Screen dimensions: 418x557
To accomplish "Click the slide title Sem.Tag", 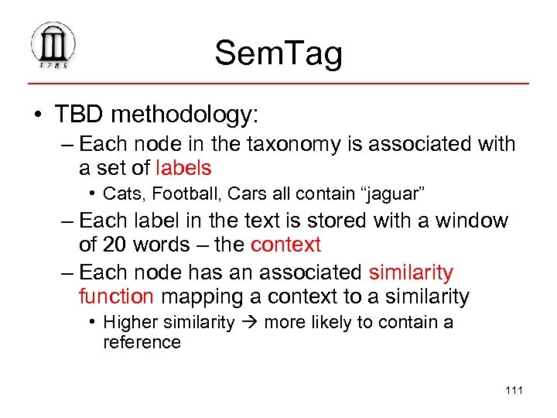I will (x=278, y=53).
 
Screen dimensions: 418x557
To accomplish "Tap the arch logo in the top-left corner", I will (x=53, y=46).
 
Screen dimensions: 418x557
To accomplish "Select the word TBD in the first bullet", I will (x=80, y=115).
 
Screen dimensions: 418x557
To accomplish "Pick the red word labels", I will (x=183, y=168).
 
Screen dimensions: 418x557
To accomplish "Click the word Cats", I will (x=121, y=193).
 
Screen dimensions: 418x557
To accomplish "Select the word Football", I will (x=176, y=193).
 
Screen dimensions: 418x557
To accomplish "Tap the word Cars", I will (x=229, y=193).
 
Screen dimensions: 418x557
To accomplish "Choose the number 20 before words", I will (x=116, y=245).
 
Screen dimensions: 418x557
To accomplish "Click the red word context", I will (x=285, y=245).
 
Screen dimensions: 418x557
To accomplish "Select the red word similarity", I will (x=411, y=272).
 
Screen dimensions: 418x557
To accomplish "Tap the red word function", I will (x=117, y=296).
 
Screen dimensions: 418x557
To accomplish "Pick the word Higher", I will (x=128, y=322).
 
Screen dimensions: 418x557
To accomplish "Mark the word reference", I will (x=142, y=342).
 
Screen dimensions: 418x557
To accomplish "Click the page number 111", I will (x=514, y=389).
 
